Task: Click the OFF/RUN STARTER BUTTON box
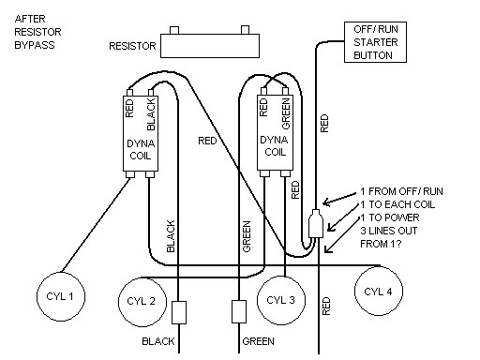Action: click(x=382, y=42)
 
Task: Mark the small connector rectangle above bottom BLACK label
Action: click(x=182, y=312)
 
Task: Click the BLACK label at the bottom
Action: click(x=160, y=342)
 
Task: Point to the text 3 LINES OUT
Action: click(x=384, y=231)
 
